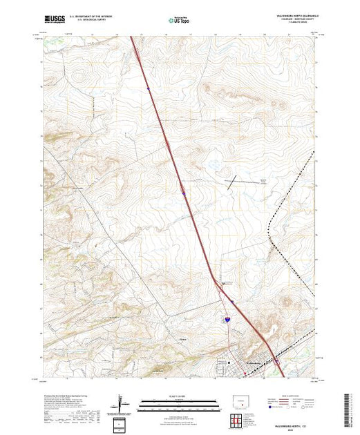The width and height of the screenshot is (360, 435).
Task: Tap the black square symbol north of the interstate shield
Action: pyautogui.click(x=222, y=283)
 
